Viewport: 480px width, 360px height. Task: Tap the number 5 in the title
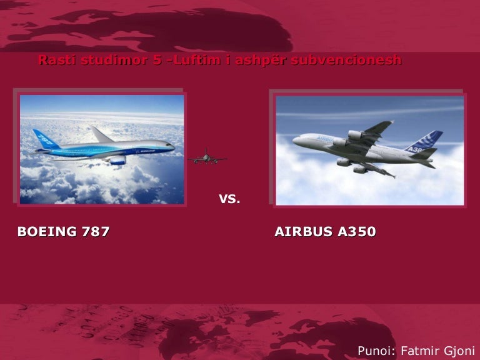coord(157,61)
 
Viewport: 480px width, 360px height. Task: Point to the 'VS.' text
coord(229,200)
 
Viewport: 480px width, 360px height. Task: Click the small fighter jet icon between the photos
coord(206,157)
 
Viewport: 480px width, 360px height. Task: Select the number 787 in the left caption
coord(96,232)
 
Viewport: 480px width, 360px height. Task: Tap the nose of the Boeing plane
coord(172,146)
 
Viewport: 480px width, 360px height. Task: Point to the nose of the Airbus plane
coord(295,141)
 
